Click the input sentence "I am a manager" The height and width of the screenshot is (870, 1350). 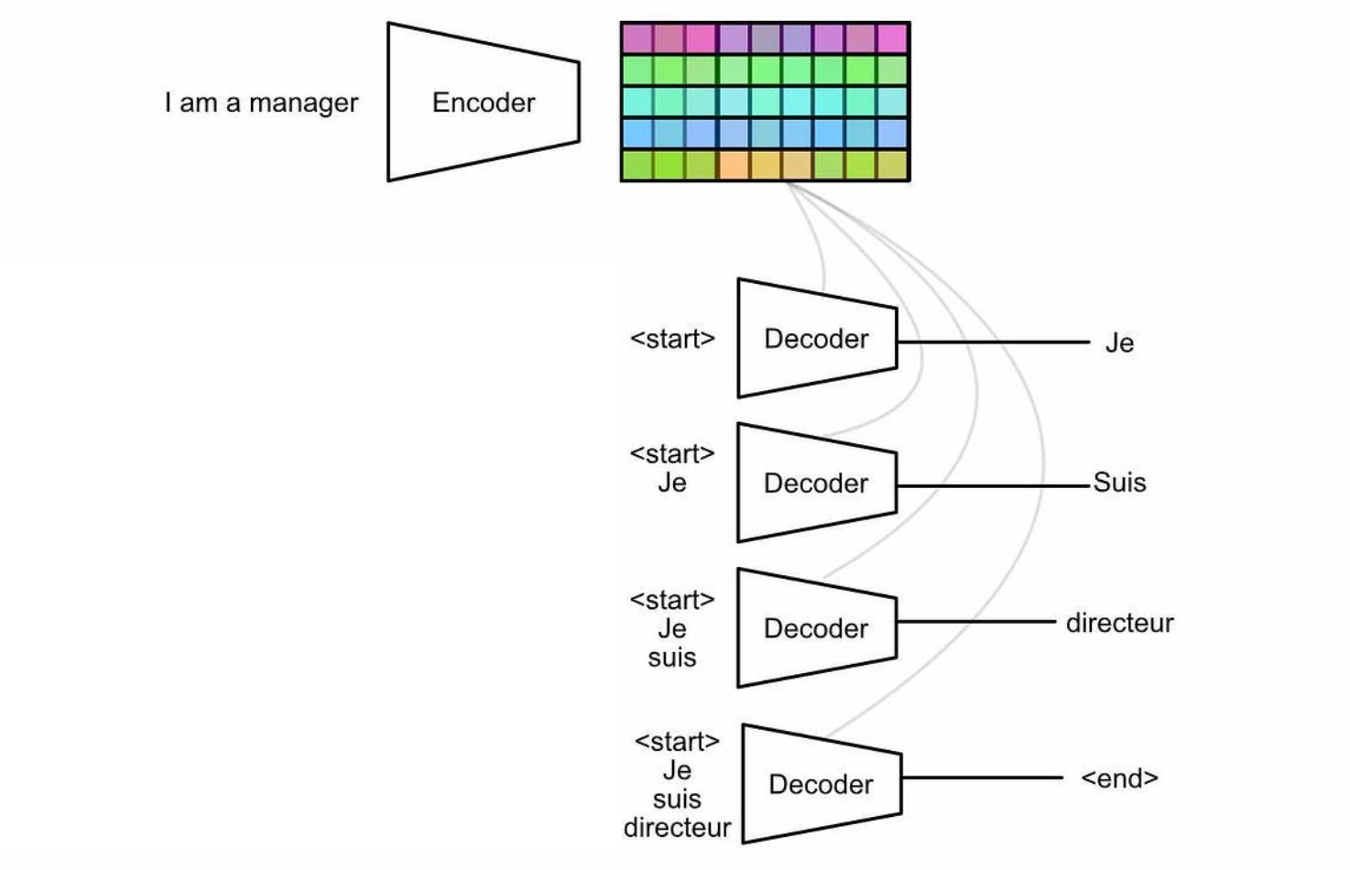[x=262, y=103]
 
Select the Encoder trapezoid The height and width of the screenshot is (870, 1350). [x=484, y=102]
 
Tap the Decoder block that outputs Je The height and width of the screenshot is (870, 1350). [x=817, y=338]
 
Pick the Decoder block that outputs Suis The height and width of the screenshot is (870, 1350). [x=817, y=483]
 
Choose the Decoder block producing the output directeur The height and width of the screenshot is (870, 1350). [x=817, y=628]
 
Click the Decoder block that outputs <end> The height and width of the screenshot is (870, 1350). [x=822, y=783]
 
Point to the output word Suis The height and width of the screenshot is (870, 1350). [x=1119, y=482]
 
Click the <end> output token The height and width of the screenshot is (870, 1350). [x=1119, y=778]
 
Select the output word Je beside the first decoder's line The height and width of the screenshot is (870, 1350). [x=1119, y=343]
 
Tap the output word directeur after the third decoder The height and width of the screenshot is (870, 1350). [x=1119, y=623]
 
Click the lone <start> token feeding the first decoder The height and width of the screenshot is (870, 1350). [x=672, y=339]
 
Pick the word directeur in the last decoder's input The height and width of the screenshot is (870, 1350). [x=677, y=828]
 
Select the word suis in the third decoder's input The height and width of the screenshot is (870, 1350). [x=672, y=658]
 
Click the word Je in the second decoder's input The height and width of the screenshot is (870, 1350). [x=672, y=483]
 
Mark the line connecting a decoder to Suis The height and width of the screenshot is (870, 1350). [x=993, y=485]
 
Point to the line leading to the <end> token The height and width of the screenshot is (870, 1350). [x=983, y=778]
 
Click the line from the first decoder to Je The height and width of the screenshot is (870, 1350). [x=993, y=342]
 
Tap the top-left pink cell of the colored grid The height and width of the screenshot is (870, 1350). [x=637, y=38]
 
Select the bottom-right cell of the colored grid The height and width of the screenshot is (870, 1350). [x=893, y=165]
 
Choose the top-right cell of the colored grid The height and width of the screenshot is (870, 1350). [x=893, y=38]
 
